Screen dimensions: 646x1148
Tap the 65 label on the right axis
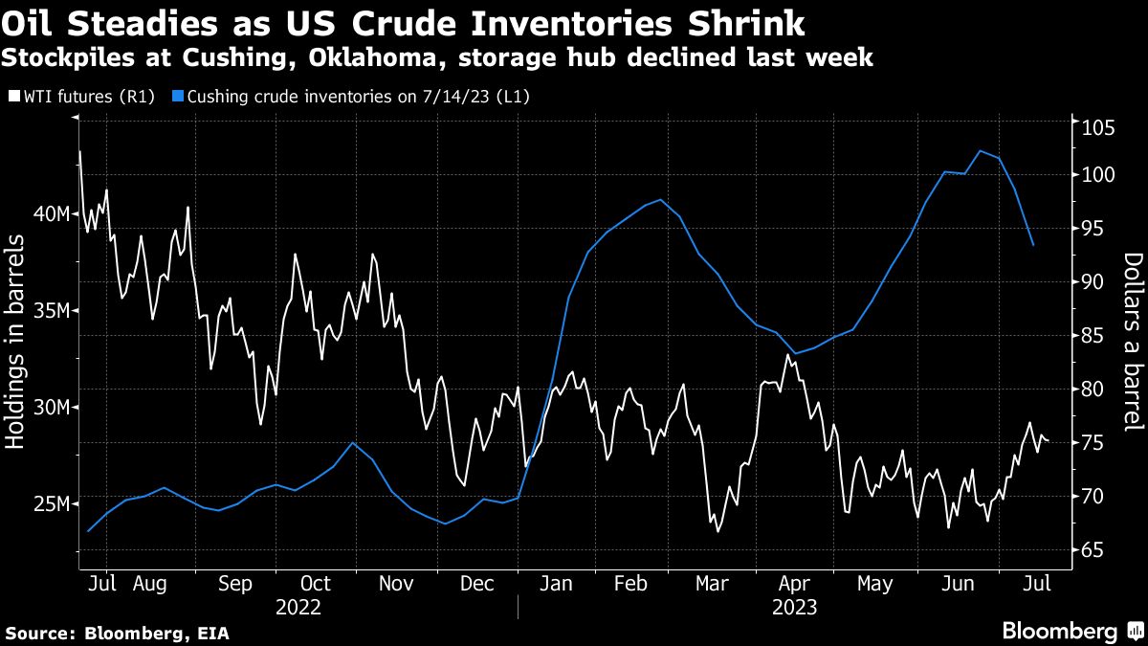1091,550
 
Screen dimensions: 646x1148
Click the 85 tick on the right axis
1091,336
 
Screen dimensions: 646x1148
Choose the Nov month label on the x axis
396,583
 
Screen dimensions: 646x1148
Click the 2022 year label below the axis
298,607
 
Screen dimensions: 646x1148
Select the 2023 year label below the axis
794,607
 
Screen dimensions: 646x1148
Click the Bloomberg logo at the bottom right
1071,631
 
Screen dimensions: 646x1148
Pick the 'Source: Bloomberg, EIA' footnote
117,633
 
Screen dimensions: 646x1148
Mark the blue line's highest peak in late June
981,150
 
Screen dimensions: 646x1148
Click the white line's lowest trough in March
717,532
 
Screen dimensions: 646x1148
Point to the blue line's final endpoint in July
1032,246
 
